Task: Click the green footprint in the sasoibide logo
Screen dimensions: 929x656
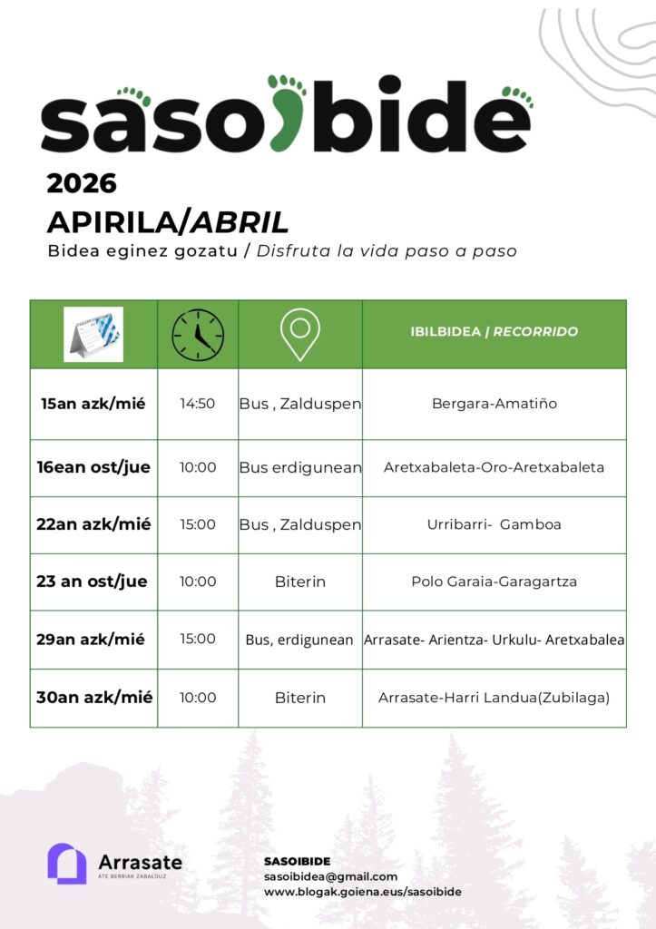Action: pyautogui.click(x=289, y=113)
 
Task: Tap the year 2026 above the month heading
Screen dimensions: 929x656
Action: pyautogui.click(x=82, y=183)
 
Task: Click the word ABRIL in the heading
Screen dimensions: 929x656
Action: pyautogui.click(x=240, y=221)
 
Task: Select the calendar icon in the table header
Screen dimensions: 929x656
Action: pyautogui.click(x=93, y=334)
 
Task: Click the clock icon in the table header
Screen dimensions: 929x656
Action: pyautogui.click(x=198, y=334)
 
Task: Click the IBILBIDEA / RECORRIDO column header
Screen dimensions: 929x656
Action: pyautogui.click(x=494, y=332)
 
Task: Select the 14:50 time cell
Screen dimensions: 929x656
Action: pyautogui.click(x=198, y=404)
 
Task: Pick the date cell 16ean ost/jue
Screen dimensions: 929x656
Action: pyautogui.click(x=93, y=468)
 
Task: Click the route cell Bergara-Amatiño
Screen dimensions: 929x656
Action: pyautogui.click(x=494, y=404)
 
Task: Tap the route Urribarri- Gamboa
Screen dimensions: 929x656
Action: pyautogui.click(x=494, y=524)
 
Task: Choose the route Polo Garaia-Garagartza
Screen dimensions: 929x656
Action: pyautogui.click(x=494, y=582)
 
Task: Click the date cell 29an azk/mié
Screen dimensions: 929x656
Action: pyautogui.click(x=93, y=639)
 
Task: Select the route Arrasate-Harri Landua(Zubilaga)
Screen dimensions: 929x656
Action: pyautogui.click(x=494, y=698)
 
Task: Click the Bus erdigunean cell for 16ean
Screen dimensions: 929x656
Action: pyautogui.click(x=300, y=468)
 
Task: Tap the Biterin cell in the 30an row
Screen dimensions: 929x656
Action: pyautogui.click(x=300, y=698)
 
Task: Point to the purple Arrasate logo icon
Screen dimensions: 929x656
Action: pyautogui.click(x=66, y=863)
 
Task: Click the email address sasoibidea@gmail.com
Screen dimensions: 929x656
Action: pyautogui.click(x=330, y=876)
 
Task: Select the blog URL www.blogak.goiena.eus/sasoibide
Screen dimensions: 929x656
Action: pyautogui.click(x=362, y=892)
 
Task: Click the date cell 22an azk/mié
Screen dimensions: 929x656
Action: pyautogui.click(x=93, y=524)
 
